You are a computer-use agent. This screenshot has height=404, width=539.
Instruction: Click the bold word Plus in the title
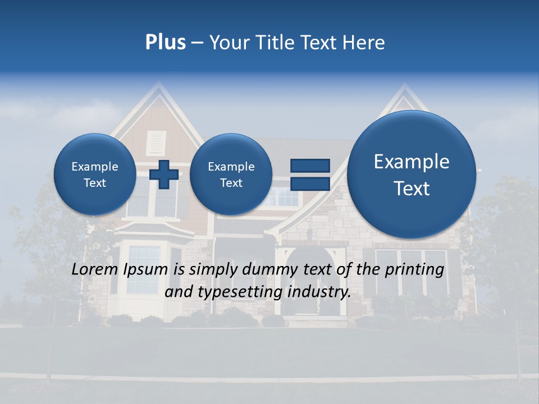point(165,43)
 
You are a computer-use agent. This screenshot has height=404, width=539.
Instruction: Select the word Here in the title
point(366,43)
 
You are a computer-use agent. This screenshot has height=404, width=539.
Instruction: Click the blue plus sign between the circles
point(164,175)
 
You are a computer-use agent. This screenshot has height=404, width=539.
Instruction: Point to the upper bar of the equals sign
point(310,166)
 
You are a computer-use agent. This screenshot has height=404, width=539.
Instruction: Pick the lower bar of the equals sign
point(310,183)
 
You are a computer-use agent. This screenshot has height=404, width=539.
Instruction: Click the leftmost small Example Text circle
point(95,175)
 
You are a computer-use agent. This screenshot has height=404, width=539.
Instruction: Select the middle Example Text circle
point(231,175)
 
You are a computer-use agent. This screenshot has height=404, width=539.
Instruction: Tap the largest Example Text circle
point(412,175)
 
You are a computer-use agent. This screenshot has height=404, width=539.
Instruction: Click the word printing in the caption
point(414,270)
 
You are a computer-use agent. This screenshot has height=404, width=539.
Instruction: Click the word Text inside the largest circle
point(412,189)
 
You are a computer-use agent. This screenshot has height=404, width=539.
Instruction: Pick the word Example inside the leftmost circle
point(95,167)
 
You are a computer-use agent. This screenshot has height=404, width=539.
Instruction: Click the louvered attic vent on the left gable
point(154,143)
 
